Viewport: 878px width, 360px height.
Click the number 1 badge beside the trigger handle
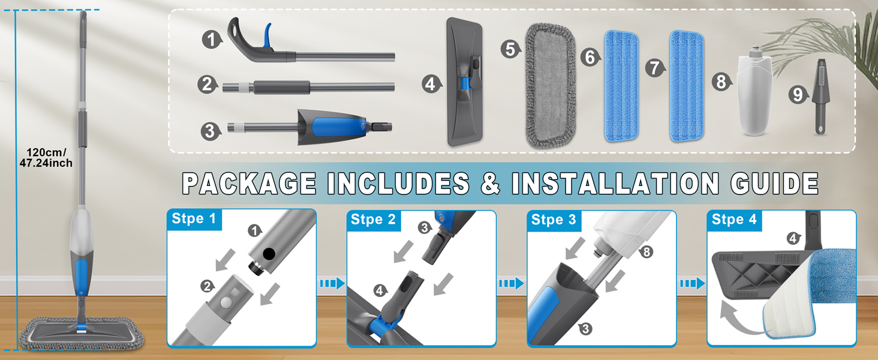pos(211,40)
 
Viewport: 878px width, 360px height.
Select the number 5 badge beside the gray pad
pos(510,49)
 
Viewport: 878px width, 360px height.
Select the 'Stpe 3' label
pos(553,220)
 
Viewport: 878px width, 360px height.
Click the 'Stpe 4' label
pos(733,220)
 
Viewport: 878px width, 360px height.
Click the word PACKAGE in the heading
pos(249,183)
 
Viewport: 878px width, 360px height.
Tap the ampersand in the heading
pos(490,184)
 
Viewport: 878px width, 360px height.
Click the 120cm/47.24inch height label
pos(49,158)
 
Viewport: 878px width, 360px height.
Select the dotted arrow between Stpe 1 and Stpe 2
pos(332,283)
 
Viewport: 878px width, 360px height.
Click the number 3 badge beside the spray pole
pos(209,131)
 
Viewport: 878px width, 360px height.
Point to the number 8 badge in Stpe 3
pos(646,253)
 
